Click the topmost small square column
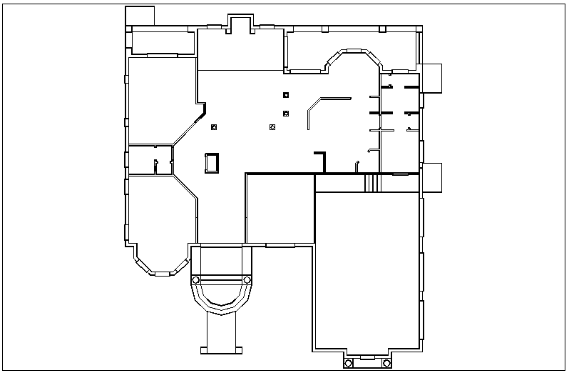pos(286,95)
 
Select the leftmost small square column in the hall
pos(214,127)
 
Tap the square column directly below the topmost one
pos(286,113)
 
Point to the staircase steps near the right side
pos(370,183)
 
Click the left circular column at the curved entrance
pos(195,279)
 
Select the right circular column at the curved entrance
pos(247,279)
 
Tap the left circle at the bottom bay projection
pos(349,363)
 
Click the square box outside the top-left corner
pos(140,16)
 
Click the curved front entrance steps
pos(221,297)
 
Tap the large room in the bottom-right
pos(367,272)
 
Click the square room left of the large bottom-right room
pos(280,209)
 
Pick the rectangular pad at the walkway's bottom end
pos(221,350)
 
